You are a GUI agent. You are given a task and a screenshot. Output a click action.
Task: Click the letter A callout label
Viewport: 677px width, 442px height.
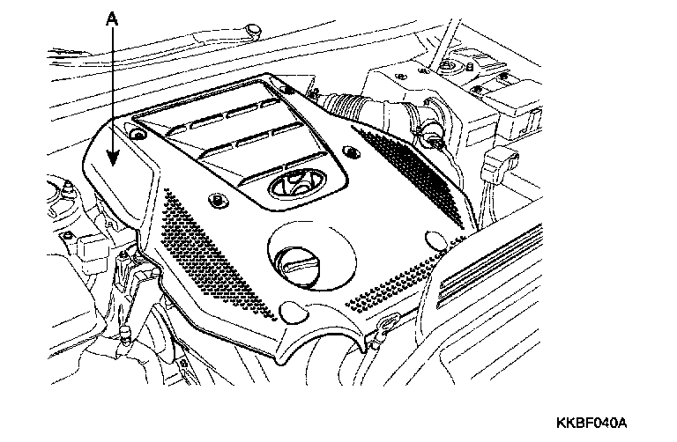[x=111, y=17]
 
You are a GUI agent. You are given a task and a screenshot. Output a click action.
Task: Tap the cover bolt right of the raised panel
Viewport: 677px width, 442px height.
[x=351, y=154]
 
